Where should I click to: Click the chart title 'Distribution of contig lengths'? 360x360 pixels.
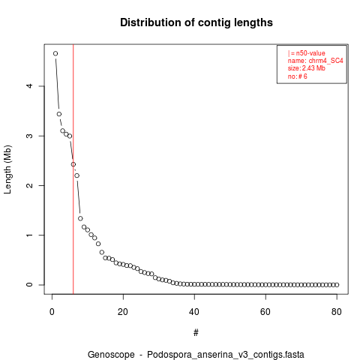click(x=196, y=22)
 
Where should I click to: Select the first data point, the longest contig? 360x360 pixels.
click(x=55, y=53)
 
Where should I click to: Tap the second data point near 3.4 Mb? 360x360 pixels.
click(x=59, y=114)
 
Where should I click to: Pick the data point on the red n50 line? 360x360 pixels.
click(x=73, y=164)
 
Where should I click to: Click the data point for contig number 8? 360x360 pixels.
click(x=80, y=218)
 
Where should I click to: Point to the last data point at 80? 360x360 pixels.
click(x=337, y=285)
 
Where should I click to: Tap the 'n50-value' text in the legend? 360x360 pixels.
click(x=310, y=53)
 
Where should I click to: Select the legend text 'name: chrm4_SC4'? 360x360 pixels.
click(x=316, y=61)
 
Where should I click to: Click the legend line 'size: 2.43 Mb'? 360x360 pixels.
click(x=307, y=68)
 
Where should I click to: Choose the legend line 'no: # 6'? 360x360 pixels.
click(x=298, y=76)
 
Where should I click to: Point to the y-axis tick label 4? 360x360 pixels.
click(x=29, y=86)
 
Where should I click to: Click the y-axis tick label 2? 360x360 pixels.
click(x=29, y=185)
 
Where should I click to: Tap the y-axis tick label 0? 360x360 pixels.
click(x=29, y=285)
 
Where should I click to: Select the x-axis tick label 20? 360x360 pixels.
click(x=123, y=312)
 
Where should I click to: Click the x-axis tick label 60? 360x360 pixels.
click(x=265, y=312)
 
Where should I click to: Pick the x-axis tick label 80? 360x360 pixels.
click(x=337, y=312)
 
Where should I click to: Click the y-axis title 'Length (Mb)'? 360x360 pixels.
click(x=7, y=169)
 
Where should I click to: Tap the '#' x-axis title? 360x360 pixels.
click(x=196, y=333)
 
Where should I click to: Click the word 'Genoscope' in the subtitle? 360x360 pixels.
click(x=111, y=355)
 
